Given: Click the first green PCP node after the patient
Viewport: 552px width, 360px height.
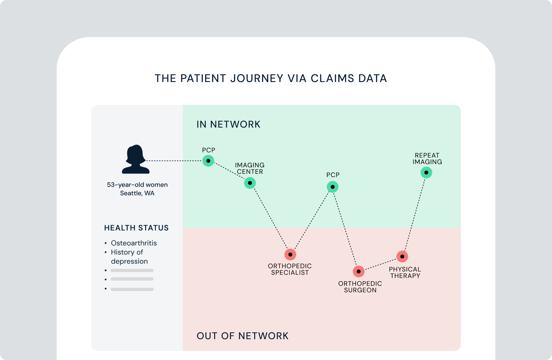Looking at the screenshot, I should [208, 161].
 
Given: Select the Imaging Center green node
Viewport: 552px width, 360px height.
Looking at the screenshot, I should [250, 183].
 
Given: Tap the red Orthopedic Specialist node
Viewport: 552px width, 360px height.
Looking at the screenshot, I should [290, 255].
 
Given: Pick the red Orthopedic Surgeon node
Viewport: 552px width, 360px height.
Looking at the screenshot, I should [359, 271].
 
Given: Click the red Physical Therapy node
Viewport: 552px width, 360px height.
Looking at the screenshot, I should [402, 256].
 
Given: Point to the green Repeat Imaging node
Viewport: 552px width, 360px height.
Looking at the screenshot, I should [426, 173].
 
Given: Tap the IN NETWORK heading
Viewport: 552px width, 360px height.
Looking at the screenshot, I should [228, 124].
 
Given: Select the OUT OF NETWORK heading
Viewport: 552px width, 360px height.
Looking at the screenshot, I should [242, 336].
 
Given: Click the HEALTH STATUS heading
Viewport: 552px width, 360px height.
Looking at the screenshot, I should [136, 228].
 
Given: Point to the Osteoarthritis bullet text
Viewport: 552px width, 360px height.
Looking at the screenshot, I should [134, 243].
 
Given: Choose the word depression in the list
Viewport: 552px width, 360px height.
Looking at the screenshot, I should [129, 261].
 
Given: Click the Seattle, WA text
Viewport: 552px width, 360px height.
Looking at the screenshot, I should [137, 193].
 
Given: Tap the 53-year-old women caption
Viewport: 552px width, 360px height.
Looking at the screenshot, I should [137, 185].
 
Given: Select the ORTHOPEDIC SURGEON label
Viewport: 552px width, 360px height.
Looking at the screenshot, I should [360, 287].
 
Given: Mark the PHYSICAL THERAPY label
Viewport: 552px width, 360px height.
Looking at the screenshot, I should [405, 272].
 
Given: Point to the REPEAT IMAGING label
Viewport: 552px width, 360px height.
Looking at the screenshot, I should [427, 159].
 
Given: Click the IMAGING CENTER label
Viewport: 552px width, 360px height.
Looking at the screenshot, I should [250, 168].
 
